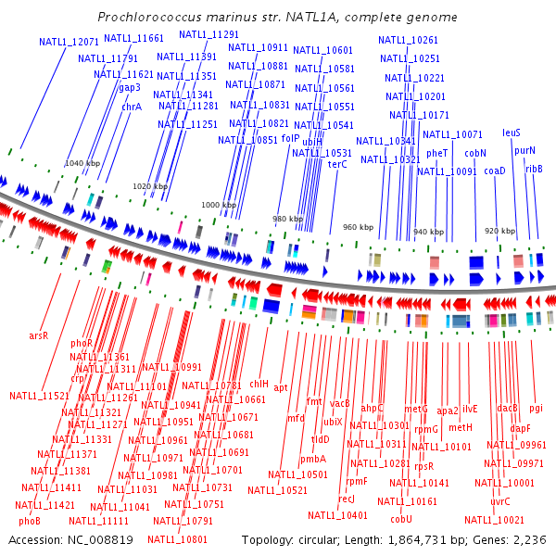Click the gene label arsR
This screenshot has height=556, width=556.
coord(39,335)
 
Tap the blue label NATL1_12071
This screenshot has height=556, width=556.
coord(69,43)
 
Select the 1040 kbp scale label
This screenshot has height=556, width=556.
coord(82,163)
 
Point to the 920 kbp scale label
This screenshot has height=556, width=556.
coord(499,231)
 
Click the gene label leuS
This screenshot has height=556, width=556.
coord(512,133)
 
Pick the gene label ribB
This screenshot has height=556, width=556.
coord(534,169)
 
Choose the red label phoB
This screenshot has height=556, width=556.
coord(30,522)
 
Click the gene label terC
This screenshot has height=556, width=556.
coord(337,164)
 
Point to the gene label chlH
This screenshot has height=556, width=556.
coord(259,383)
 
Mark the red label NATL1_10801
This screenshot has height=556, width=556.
coord(177,539)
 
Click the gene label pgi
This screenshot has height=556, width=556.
coord(537,408)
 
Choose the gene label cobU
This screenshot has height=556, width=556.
coord(401,519)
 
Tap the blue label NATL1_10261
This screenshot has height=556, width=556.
coord(409,40)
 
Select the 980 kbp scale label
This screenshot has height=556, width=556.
coord(287,219)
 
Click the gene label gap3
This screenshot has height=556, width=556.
coord(130,88)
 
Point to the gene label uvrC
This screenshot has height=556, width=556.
coord(500,501)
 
